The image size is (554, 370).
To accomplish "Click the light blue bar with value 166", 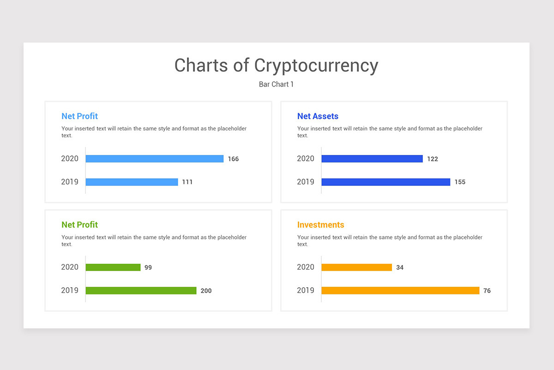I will [154, 159].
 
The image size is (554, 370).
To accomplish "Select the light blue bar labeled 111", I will [132, 182].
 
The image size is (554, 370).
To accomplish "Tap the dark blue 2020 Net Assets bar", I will [372, 159].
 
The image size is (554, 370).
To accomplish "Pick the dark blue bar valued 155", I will [385, 182].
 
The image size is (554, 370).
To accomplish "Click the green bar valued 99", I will [113, 267].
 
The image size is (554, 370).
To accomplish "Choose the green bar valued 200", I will [141, 290].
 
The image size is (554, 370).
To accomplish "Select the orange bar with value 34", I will [356, 267].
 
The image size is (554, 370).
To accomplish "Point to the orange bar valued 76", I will [400, 290].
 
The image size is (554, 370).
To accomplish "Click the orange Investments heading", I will [320, 225].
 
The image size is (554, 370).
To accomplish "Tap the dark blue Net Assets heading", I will [318, 116].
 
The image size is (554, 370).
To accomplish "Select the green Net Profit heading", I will [79, 225].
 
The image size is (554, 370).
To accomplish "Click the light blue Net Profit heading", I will [79, 116].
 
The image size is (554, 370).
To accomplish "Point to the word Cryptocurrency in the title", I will [316, 66].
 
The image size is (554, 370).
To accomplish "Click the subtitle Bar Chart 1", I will [276, 84].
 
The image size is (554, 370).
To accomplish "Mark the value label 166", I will [233, 159].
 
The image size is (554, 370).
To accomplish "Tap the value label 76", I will [487, 291].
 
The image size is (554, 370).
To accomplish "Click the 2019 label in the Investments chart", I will [305, 290].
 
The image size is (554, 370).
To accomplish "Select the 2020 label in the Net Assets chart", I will [305, 159].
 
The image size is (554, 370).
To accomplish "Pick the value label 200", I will [206, 291].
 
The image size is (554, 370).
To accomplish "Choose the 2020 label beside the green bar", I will [70, 267].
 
